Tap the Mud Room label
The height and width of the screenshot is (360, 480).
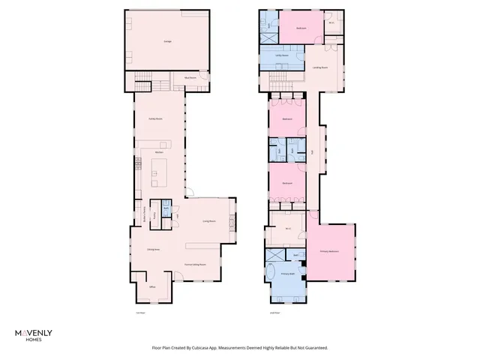190,77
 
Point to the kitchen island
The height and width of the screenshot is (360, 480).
160,172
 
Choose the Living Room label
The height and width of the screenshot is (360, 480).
209,221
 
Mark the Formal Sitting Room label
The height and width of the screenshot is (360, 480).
195,265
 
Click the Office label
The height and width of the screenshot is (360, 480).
151,287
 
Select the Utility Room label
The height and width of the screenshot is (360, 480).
281,56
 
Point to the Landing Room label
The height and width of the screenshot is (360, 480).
318,68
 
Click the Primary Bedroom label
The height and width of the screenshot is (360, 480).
329,251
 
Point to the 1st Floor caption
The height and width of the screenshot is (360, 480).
139,312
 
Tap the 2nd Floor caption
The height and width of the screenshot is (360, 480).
274,312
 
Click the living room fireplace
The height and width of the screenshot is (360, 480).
232,221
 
